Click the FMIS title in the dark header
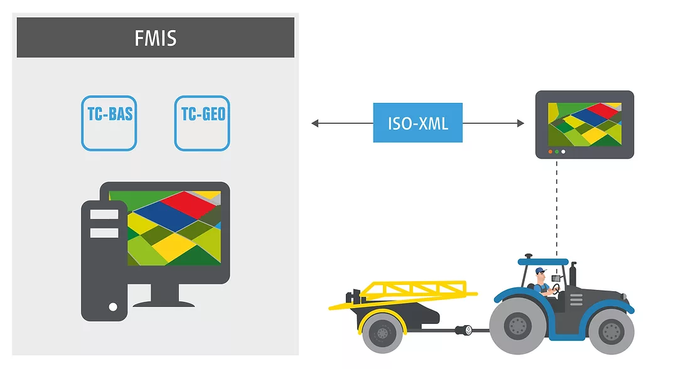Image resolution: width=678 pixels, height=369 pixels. [x=155, y=38]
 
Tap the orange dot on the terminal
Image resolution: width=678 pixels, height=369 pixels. [x=551, y=152]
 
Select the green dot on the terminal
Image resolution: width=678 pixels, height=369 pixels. [x=557, y=152]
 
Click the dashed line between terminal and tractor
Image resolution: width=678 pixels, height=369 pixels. [x=556, y=207]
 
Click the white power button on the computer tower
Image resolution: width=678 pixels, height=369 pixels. [x=113, y=307]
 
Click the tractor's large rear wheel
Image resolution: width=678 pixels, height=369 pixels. [x=519, y=325]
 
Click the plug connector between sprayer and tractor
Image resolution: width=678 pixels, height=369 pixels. [x=466, y=330]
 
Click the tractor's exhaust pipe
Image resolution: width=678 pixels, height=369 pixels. [x=572, y=275]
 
